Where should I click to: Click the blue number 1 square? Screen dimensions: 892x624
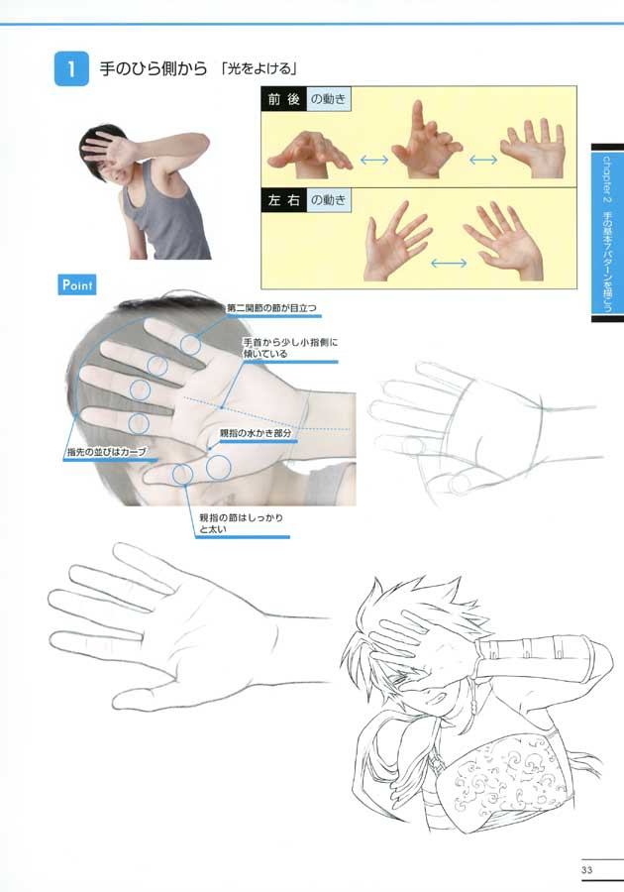point(72,69)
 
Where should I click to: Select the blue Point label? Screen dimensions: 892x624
point(77,284)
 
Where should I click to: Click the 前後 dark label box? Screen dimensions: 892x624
point(285,101)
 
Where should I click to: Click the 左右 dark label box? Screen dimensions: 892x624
point(285,200)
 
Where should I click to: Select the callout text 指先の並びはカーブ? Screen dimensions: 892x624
point(106,452)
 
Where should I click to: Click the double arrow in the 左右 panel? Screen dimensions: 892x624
point(449,263)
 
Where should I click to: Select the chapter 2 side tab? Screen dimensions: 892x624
point(606,233)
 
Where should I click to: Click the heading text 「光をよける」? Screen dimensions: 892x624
point(260,69)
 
